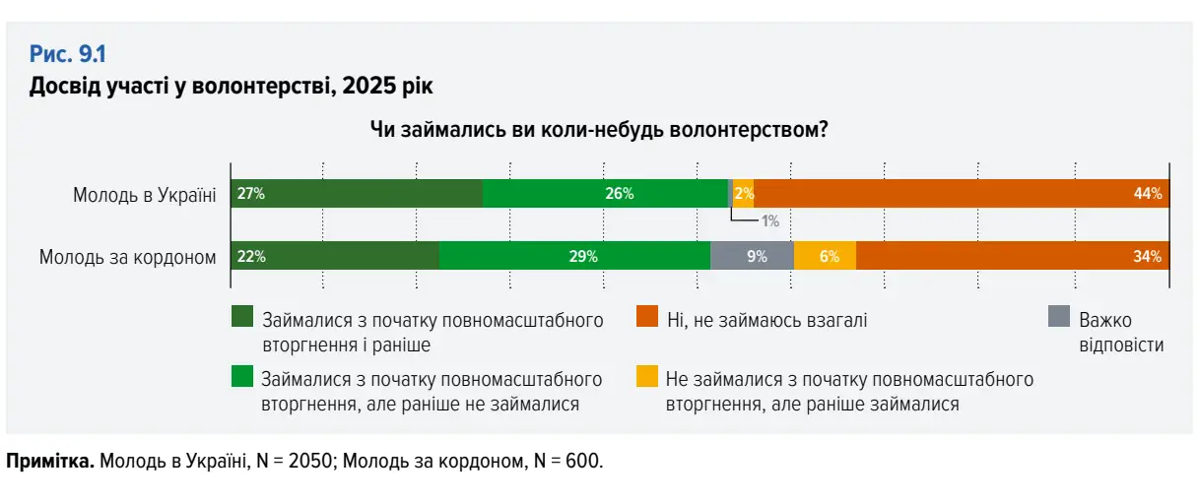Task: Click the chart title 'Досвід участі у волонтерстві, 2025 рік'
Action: coord(232,86)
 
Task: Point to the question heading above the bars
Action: coord(598,129)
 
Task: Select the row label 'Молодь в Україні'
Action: coord(144,194)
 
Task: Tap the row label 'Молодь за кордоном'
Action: coord(127,258)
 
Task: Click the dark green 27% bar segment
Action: coord(357,193)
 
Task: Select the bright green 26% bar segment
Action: coord(605,193)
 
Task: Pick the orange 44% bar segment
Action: coord(961,193)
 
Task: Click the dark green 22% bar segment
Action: coord(335,256)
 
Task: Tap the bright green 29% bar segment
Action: coord(574,256)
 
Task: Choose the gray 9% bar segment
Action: coord(752,256)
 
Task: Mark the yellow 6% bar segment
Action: coord(825,256)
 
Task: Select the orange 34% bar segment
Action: coord(1012,256)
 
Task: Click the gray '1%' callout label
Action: coord(770,221)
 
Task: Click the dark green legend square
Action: coord(241,316)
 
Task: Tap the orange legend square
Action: coord(646,316)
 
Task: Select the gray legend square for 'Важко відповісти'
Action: coord(1058,316)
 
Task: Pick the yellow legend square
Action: coord(646,376)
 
